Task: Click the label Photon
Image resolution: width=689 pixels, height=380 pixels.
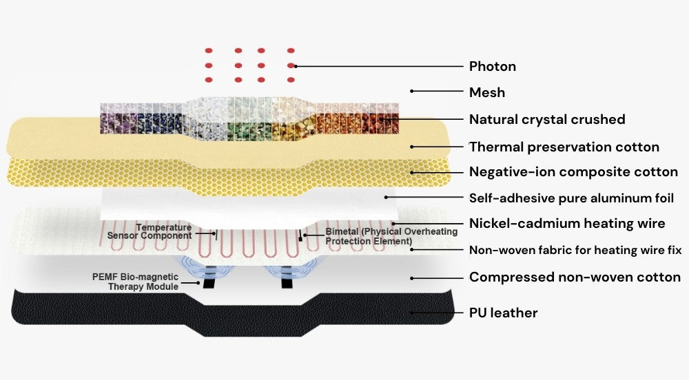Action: pos(492,67)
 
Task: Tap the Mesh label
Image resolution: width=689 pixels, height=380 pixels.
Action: pos(486,92)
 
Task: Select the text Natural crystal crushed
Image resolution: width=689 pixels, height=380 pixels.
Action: pos(546,120)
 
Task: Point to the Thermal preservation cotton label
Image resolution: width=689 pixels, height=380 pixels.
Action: pos(564,147)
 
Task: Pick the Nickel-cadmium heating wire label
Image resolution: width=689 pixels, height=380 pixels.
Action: pos(566,223)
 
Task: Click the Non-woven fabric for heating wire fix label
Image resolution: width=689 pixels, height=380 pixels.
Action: pos(575,250)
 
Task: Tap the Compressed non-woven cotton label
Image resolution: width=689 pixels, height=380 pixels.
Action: pos(575,277)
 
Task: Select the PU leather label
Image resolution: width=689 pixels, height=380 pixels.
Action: pos(503,313)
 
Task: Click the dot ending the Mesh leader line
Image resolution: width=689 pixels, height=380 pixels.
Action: pos(412,91)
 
